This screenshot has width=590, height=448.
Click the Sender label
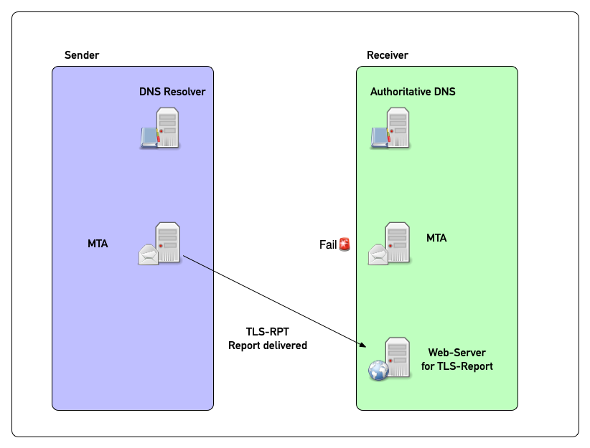click(82, 55)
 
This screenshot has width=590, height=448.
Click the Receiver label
click(388, 55)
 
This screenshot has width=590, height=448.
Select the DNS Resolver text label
click(172, 92)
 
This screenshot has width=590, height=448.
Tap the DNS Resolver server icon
click(161, 128)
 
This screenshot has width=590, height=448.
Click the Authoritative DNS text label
click(413, 92)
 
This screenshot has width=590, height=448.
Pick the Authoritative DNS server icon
click(390, 128)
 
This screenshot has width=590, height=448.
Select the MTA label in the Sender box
click(98, 244)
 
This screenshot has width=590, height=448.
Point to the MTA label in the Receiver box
click(436, 237)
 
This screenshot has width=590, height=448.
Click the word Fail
click(328, 245)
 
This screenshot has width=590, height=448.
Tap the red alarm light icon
click(345, 244)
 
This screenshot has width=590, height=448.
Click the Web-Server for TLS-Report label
click(456, 359)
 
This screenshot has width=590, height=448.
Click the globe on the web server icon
click(378, 370)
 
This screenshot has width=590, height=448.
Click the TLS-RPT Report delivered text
click(268, 338)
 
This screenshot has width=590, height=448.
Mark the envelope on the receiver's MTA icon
click(378, 254)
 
